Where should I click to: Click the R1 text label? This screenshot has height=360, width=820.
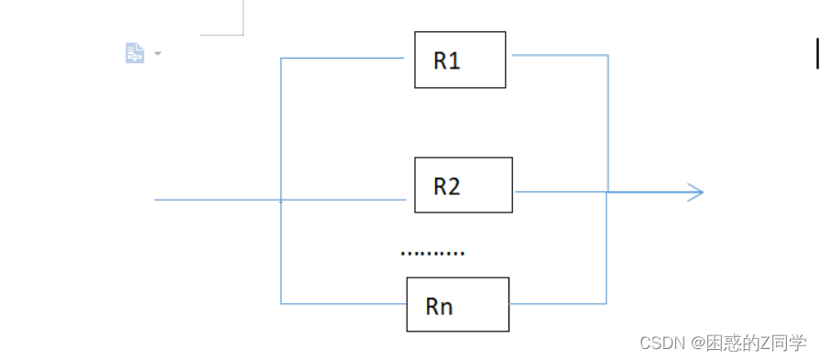[446, 60]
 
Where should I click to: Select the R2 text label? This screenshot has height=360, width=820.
[447, 186]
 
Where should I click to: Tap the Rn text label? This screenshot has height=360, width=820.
[439, 306]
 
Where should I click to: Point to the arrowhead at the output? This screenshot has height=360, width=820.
[695, 192]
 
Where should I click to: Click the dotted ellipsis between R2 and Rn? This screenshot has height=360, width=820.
[432, 254]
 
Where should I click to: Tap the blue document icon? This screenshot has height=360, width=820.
[135, 53]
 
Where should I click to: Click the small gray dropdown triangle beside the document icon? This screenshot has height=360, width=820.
[158, 53]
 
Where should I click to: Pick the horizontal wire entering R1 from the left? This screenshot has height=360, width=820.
[343, 58]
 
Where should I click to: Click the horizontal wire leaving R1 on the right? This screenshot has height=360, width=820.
[560, 55]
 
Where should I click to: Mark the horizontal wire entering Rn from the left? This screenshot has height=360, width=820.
[344, 303]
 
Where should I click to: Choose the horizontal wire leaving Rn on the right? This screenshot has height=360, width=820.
[557, 303]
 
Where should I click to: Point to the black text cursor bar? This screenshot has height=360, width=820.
[817, 53]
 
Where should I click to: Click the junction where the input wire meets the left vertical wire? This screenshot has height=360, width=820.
[281, 200]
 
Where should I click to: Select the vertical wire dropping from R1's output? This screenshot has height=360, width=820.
[607, 124]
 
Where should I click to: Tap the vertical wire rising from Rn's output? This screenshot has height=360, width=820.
[607, 247]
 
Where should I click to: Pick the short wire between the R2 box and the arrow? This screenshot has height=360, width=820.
[561, 191]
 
